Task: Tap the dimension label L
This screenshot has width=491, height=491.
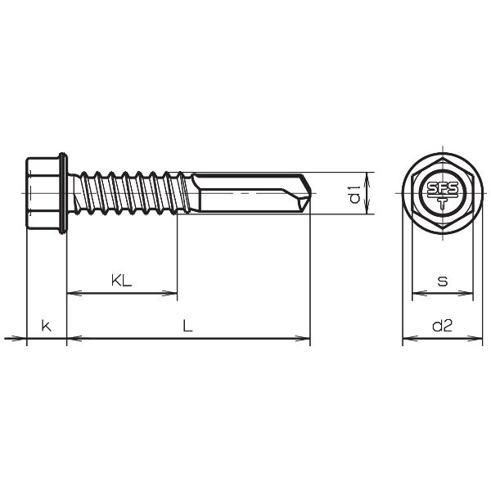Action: coord(187,326)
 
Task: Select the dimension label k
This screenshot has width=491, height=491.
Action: coord(47,326)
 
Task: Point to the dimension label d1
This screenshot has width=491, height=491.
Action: coord(354,194)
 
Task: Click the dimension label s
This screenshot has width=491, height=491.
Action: coord(443,281)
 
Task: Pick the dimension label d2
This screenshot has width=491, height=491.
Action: coord(442,326)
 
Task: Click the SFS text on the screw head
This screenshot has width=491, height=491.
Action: coord(442,187)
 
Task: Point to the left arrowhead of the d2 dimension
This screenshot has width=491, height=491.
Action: coord(407,337)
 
